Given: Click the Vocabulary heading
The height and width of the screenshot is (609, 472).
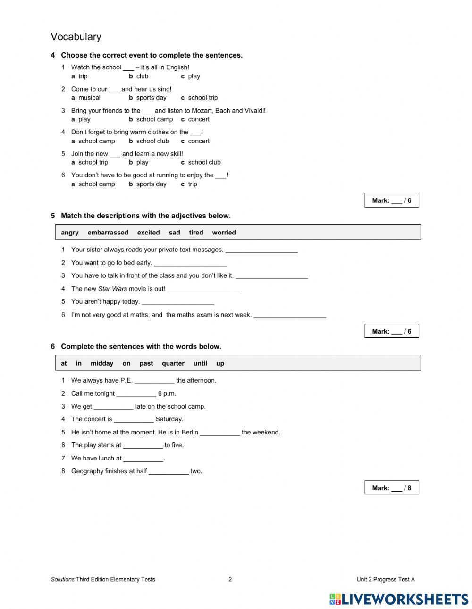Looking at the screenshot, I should click(76, 37).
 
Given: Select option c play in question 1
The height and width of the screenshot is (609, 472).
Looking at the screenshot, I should click(191, 76).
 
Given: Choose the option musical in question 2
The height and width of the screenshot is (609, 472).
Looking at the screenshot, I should click(89, 98).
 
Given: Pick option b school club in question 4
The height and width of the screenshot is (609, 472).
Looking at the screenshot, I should click(149, 141).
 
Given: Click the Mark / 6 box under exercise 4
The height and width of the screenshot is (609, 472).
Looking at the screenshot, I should click(391, 200).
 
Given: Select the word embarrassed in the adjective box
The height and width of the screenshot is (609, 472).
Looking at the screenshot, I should click(108, 233).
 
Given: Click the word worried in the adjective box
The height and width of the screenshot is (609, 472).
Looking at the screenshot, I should click(224, 233).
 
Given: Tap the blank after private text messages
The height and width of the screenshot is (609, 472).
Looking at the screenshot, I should click(261, 250).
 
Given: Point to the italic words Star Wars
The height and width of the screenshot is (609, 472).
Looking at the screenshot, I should click(112, 289).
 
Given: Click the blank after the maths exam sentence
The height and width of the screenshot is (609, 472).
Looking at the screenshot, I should click(290, 316).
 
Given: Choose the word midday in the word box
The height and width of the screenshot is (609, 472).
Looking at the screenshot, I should click(102, 363).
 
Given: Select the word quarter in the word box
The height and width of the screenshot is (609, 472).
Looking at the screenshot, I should click(173, 363).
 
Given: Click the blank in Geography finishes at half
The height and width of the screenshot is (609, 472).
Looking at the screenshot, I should click(169, 472).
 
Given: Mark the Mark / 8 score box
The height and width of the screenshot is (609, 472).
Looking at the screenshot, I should click(391, 488).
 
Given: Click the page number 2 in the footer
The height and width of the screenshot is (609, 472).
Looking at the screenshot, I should click(230, 579).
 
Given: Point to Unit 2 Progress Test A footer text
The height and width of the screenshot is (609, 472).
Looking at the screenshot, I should click(385, 579).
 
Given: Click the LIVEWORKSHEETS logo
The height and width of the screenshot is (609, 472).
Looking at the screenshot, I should click(398, 599).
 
